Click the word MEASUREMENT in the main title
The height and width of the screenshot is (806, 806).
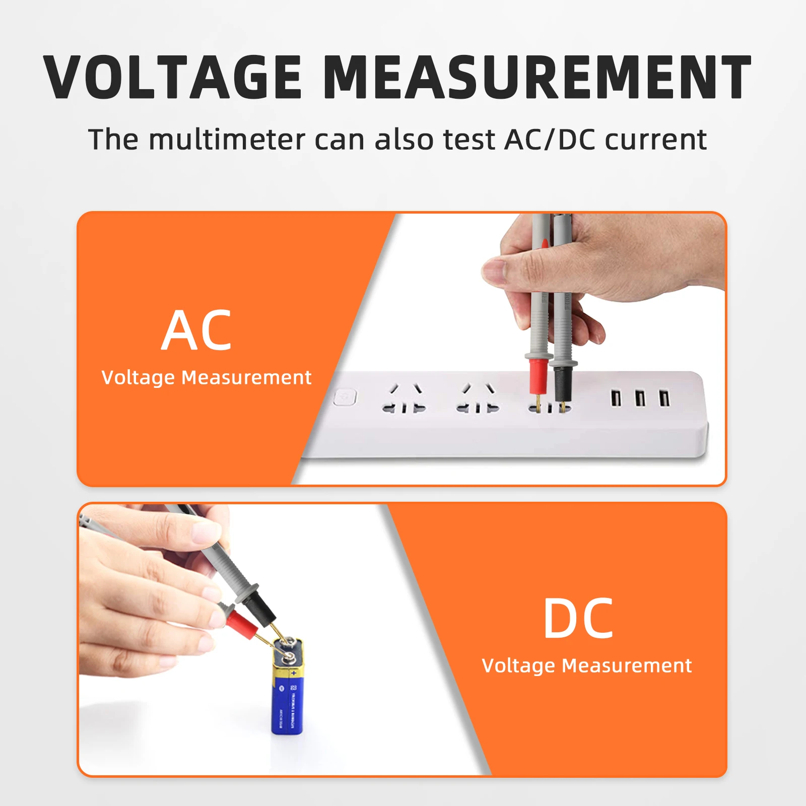tap(537, 77)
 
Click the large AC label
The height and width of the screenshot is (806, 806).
tap(196, 331)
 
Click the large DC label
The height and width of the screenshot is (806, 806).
tap(578, 619)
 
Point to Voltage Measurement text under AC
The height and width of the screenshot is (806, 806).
tap(206, 377)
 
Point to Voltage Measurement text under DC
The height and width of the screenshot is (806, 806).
tap(586, 665)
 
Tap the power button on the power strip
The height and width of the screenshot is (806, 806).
tap(345, 397)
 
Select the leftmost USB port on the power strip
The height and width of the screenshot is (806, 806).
tap(615, 398)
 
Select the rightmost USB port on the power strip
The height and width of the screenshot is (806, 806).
tap(664, 398)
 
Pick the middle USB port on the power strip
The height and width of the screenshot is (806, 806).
tap(640, 398)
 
